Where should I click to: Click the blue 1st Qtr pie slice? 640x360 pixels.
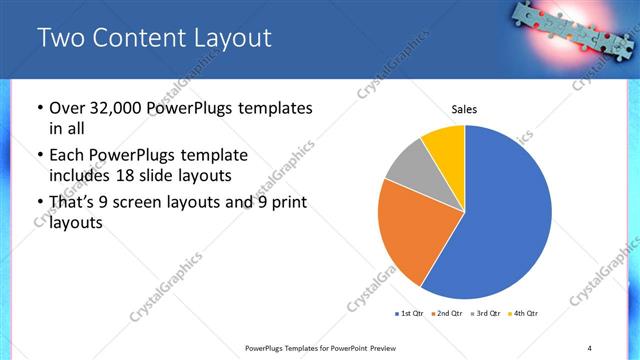click(510, 215)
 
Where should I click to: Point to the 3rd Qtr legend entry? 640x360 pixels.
click(484, 314)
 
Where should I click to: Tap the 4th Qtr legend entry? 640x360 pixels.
click(522, 314)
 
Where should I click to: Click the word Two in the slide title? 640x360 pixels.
click(60, 39)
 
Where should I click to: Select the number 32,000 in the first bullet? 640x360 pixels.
click(118, 108)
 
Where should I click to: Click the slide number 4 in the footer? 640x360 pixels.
click(590, 348)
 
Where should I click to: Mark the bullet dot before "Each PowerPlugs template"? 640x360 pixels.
click(39, 157)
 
